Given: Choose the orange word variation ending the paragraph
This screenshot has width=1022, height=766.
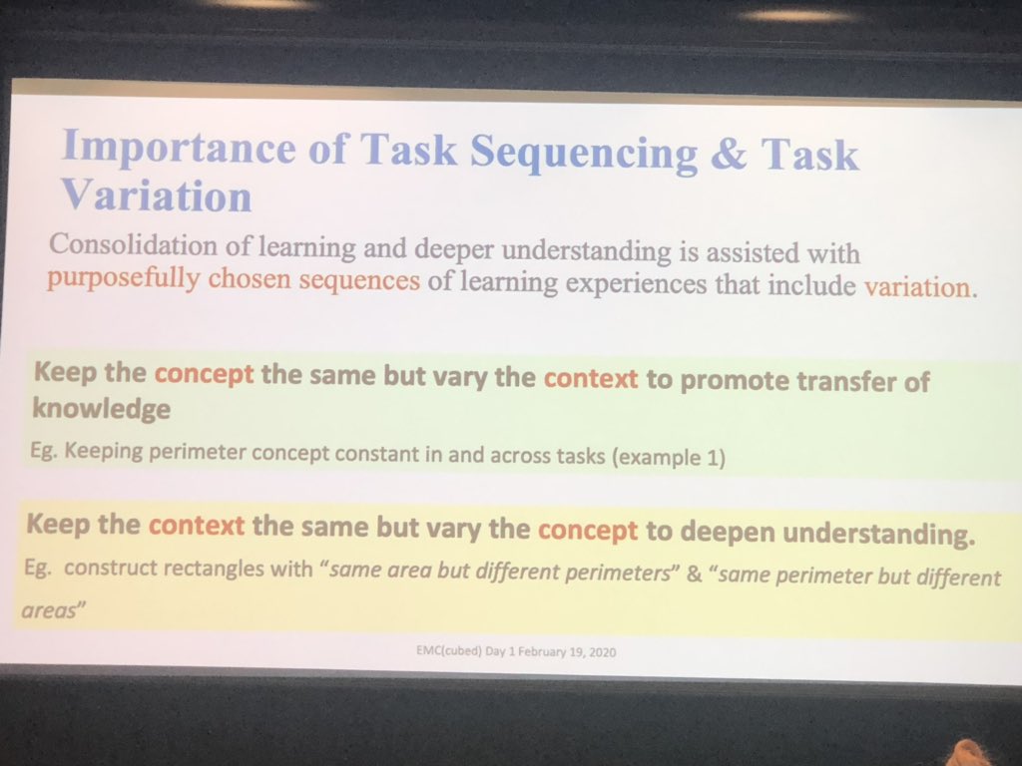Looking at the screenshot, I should click(x=916, y=288).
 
